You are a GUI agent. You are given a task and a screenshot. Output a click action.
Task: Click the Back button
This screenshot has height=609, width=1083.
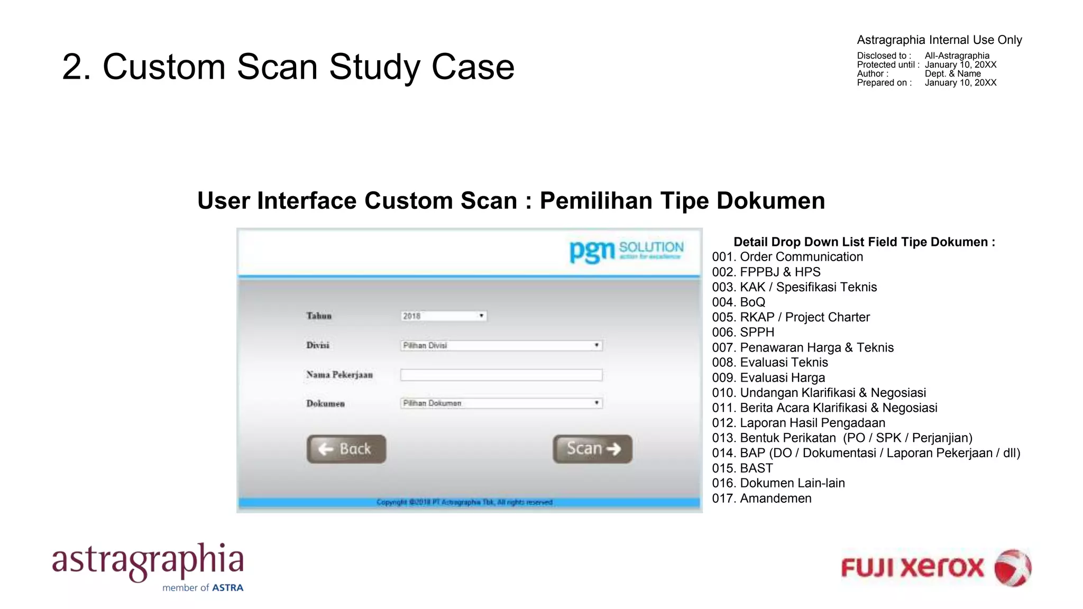point(346,449)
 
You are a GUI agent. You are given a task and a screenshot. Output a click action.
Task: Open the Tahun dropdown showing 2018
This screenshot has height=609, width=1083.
point(443,316)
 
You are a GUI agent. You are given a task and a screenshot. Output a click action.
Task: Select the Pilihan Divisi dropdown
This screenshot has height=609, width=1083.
point(501,346)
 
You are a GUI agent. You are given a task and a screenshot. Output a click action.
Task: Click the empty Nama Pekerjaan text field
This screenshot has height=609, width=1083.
point(501,375)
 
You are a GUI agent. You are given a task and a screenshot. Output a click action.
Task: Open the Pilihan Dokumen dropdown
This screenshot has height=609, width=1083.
point(501,403)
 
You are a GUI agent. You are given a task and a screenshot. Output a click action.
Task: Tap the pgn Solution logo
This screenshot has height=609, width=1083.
point(626,251)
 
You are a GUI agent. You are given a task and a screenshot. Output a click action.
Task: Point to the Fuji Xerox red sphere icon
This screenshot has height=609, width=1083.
point(1012,568)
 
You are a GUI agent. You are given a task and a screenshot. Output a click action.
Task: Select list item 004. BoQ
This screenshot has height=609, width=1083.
point(738,302)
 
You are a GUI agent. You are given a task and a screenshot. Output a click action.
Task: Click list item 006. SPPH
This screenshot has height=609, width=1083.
point(743,333)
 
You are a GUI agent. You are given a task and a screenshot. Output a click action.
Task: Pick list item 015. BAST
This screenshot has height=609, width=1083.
point(742,468)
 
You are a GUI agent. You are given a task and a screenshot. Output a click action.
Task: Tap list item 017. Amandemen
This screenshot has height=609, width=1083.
point(761,499)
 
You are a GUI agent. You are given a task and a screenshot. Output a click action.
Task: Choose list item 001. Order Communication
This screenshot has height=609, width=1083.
point(787,257)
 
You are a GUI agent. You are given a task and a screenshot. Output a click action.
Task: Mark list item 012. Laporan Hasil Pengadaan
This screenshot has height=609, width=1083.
point(799,423)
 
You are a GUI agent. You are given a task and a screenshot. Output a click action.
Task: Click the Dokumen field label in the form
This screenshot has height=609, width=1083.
point(325,404)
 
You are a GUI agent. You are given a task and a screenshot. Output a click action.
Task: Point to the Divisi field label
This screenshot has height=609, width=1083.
point(318,345)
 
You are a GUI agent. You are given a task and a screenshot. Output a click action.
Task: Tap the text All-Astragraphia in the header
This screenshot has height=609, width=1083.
point(957,56)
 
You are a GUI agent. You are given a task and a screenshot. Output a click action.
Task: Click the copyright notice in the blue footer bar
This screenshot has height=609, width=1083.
point(464,502)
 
